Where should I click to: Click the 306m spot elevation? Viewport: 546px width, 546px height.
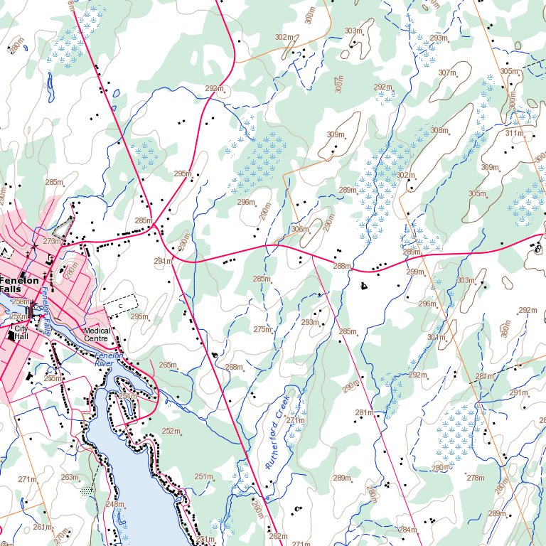coord(300,229)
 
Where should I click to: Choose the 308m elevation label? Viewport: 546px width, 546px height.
coord(439,130)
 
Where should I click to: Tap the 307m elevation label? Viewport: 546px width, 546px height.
coord(447,73)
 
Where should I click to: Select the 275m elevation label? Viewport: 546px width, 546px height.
coord(262,329)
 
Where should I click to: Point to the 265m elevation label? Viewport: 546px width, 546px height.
coord(168,365)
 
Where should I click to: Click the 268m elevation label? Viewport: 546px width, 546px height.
coord(234,367)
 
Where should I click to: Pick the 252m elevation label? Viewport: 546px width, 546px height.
coord(171,432)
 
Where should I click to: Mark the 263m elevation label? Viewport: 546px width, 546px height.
coord(70,477)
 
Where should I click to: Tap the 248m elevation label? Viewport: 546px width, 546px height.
coord(114,504)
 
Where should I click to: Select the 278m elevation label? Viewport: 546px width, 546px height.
coord(475,478)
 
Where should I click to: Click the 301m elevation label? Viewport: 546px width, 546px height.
coord(436,337)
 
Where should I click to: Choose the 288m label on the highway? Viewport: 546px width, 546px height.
coord(343,267)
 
